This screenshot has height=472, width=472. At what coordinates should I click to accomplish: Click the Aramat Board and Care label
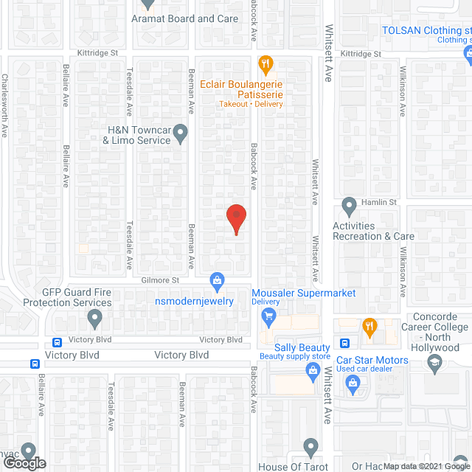tap(185, 18)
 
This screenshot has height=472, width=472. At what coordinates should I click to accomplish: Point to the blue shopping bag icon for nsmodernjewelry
tap(218, 280)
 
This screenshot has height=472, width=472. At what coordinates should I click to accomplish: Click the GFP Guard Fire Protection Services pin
tap(94, 319)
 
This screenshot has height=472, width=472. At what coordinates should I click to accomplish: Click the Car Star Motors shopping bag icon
tap(353, 382)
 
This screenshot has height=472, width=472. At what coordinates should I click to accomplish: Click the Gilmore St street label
tap(161, 280)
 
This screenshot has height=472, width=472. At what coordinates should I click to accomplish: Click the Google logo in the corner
tap(24, 463)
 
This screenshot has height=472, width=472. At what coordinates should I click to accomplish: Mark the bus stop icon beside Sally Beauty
tap(344, 343)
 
